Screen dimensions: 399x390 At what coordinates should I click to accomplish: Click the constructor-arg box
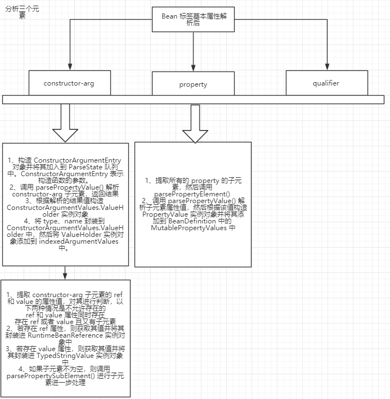[x=69, y=83]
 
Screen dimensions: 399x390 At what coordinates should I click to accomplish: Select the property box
[x=193, y=84]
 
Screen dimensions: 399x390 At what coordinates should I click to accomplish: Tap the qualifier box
[x=326, y=83]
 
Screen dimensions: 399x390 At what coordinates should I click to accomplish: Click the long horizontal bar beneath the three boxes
[x=192, y=100]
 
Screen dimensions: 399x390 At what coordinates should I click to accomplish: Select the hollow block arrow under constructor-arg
[x=65, y=124]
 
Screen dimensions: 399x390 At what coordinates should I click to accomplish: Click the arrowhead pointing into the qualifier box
[x=326, y=67]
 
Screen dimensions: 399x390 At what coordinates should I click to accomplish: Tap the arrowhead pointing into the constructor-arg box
[x=69, y=67]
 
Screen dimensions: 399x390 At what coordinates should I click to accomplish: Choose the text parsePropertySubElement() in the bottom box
[x=45, y=375]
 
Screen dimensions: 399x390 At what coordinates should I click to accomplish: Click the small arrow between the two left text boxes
[x=65, y=275]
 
